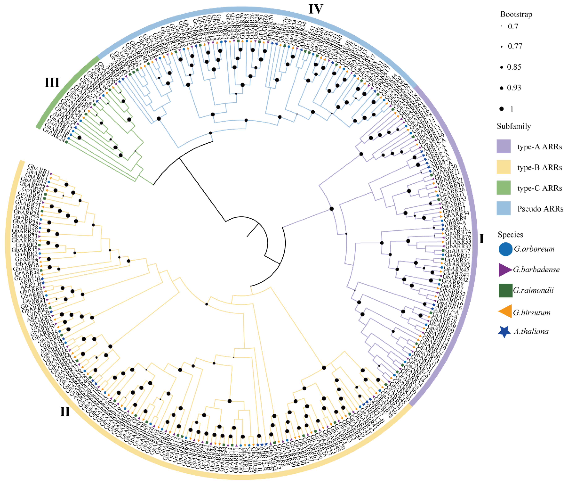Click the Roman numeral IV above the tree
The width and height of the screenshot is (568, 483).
point(316,9)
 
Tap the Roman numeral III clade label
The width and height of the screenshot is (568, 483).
point(52,82)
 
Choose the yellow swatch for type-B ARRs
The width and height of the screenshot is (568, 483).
point(504,167)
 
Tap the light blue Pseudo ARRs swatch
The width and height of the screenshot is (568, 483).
point(504,209)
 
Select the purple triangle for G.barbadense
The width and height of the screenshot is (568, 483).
point(505,270)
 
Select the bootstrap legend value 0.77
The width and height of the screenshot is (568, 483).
point(515,46)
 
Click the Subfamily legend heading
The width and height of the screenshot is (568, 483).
point(514,126)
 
